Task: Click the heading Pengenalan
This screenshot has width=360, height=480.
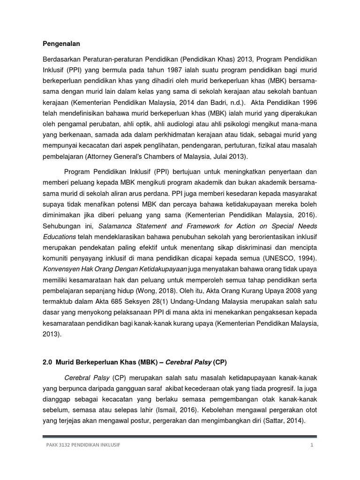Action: (x=59, y=44)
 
